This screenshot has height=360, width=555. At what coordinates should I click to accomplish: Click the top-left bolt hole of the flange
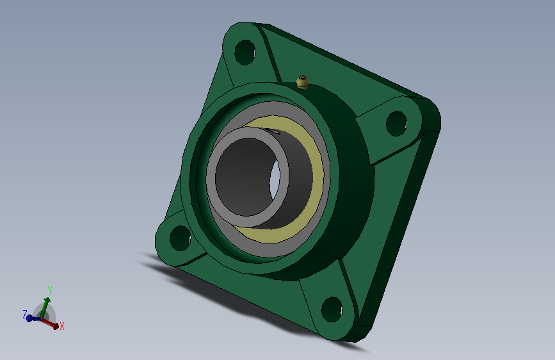pyautogui.click(x=245, y=53)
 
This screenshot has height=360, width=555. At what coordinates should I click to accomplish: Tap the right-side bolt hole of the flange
pyautogui.click(x=396, y=124)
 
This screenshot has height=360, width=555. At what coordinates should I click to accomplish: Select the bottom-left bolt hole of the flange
pyautogui.click(x=180, y=238)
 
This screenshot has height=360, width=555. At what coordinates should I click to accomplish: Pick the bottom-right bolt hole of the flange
pyautogui.click(x=332, y=309)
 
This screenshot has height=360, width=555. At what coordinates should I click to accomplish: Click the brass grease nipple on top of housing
pyautogui.click(x=302, y=82)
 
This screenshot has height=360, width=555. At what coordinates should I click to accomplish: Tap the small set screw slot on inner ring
pyautogui.click(x=273, y=132)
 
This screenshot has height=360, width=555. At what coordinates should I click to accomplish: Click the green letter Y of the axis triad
pyautogui.click(x=50, y=291)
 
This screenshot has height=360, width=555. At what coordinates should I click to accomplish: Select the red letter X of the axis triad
pyautogui.click(x=62, y=326)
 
